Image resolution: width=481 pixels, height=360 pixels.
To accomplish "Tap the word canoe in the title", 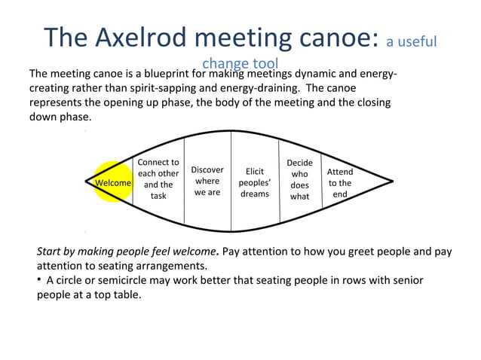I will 329,37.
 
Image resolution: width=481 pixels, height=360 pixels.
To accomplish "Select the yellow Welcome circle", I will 113,182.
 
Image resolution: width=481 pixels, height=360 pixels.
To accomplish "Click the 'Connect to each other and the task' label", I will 158,179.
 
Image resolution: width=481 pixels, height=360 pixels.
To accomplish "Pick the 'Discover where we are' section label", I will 207,181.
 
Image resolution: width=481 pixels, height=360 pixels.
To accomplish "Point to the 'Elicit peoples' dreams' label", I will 255,182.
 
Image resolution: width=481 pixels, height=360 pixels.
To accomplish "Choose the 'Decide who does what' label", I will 300,179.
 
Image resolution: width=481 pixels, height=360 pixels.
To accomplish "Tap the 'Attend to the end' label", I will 340,182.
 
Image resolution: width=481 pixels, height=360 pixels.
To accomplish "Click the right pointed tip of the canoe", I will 392,181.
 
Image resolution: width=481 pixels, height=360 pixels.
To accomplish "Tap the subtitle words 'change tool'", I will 240,64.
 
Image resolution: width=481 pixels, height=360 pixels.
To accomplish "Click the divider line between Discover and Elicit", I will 231,181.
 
